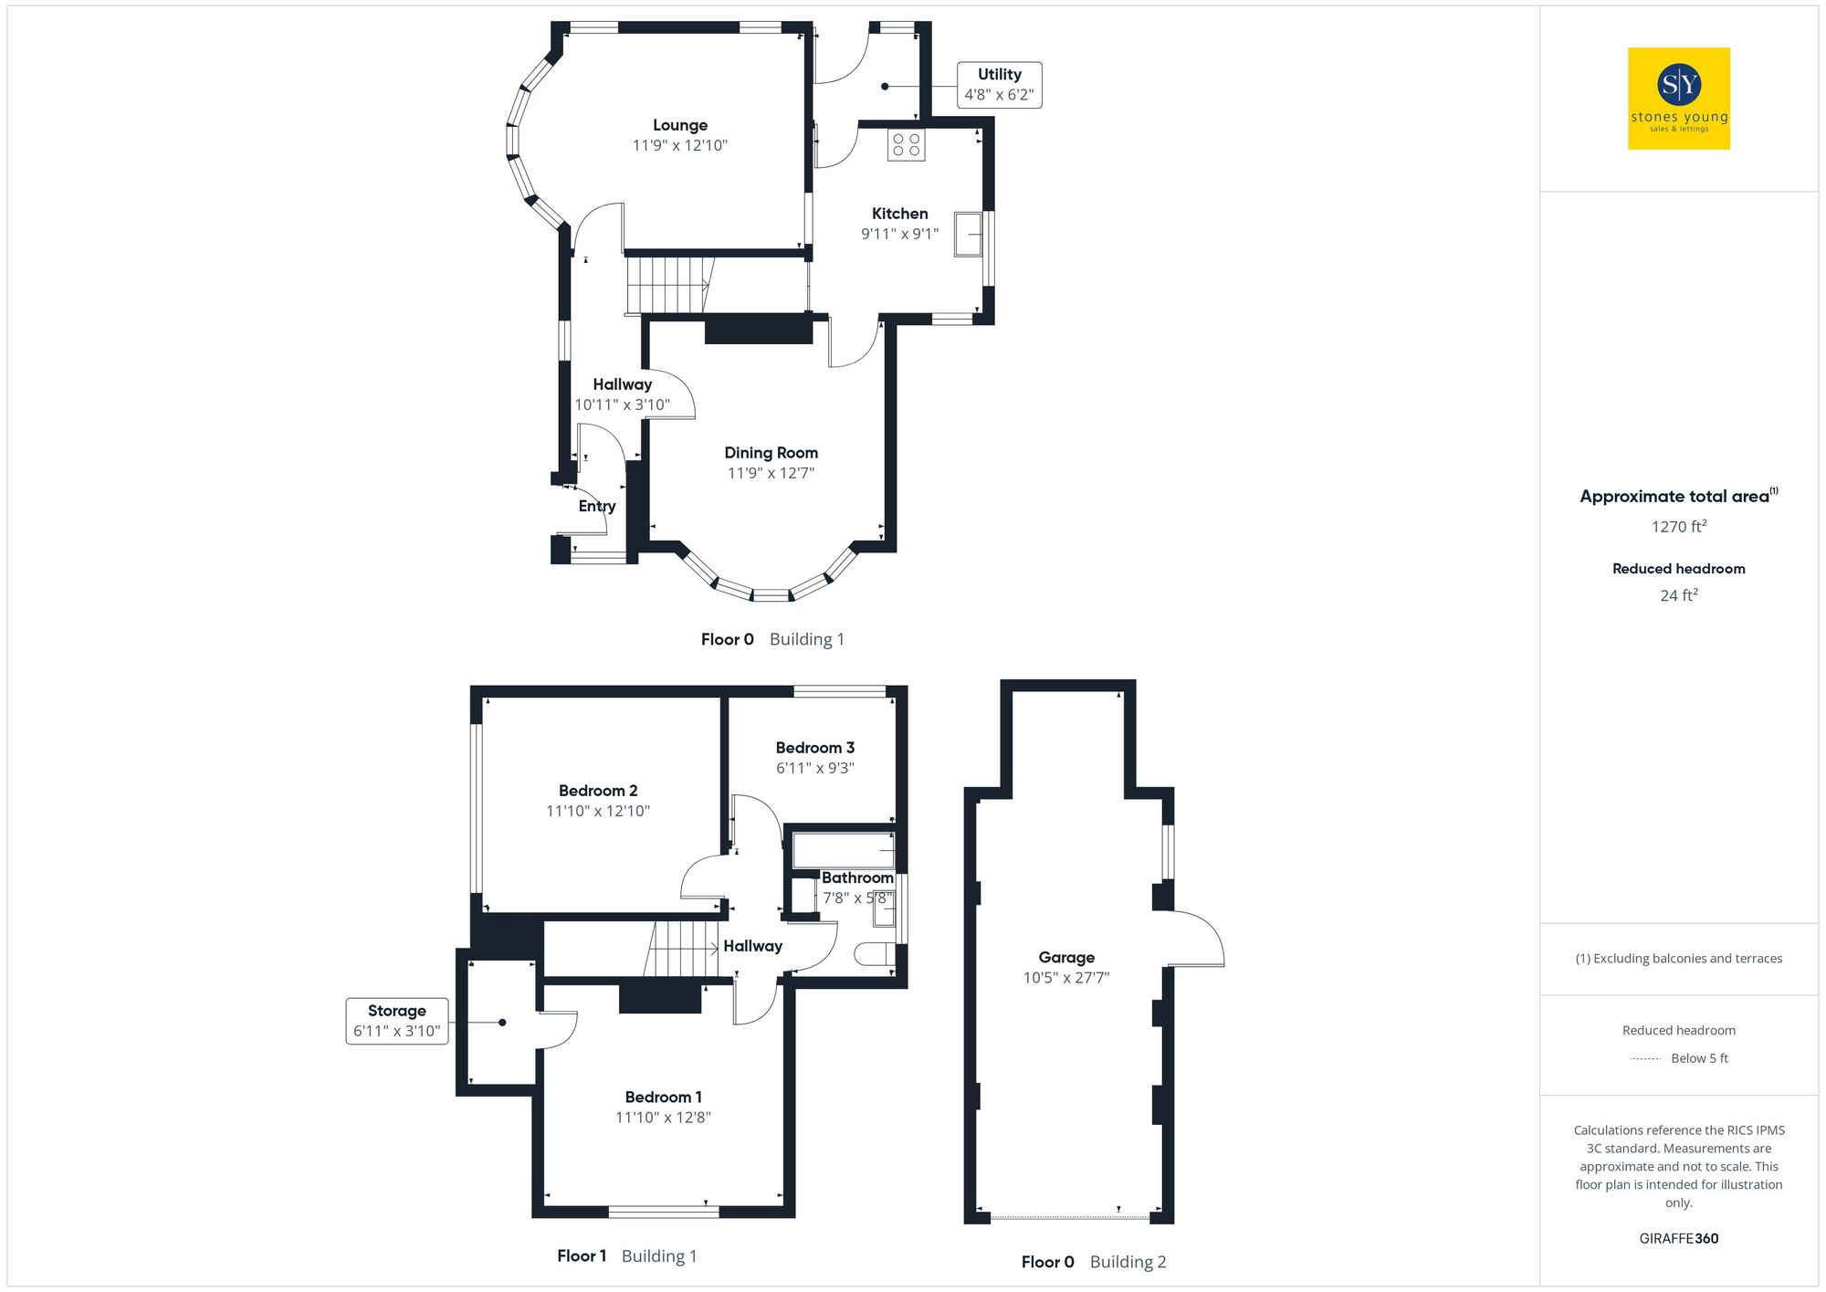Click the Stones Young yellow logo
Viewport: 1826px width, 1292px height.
1678,99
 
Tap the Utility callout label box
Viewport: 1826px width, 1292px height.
999,85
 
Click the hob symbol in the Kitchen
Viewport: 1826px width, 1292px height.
906,145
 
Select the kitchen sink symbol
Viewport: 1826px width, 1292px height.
968,235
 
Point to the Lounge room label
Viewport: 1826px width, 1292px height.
680,125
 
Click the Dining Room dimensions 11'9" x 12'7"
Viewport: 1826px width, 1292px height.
771,473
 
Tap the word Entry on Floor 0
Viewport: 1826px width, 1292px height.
597,506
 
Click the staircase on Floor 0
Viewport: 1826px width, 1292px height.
668,285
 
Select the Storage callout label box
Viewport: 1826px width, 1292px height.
397,1021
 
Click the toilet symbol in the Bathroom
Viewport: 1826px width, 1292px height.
874,954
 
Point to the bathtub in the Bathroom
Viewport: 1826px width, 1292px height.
843,849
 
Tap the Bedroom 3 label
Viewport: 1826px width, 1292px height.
815,748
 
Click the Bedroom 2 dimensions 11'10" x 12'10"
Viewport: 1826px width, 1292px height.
598,811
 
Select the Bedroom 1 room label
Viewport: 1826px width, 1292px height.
664,1097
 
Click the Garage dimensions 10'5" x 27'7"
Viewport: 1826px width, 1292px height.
1066,978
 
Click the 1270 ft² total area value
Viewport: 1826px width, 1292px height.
1678,527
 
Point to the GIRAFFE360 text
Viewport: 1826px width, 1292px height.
1678,1239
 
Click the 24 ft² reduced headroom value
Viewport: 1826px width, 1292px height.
1678,595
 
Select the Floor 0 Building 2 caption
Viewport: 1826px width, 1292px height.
1093,1262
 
